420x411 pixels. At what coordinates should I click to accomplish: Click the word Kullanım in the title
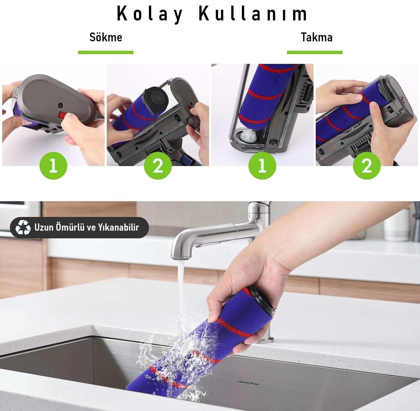[253, 13]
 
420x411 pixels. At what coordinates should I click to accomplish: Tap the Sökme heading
[106, 37]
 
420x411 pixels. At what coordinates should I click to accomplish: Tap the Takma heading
[317, 37]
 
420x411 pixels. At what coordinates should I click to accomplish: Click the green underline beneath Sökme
[106, 52]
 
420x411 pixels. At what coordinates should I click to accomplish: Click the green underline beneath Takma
[314, 52]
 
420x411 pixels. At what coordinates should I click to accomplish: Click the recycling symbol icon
[23, 227]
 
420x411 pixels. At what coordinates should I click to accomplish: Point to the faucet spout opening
[183, 256]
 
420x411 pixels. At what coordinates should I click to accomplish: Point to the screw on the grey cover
[60, 105]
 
